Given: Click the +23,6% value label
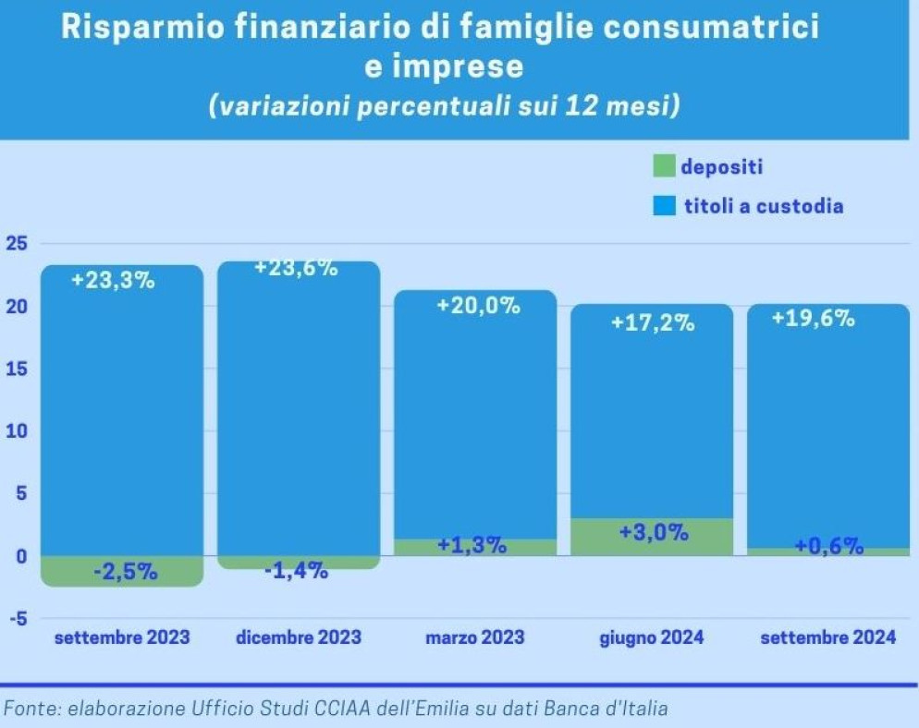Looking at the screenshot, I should (x=296, y=269).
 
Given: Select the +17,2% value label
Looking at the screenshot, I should (x=652, y=324).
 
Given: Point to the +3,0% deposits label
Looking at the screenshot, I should (x=652, y=533).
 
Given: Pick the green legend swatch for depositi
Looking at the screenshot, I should (x=663, y=167).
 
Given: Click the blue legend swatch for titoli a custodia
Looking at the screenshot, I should (x=663, y=206).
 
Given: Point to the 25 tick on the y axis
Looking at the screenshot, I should (x=17, y=244).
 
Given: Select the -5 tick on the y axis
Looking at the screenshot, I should (x=17, y=619).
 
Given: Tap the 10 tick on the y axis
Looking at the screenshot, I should (x=17, y=431).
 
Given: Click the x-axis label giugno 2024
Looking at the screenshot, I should (x=652, y=637).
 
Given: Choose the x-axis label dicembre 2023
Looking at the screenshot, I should (x=298, y=637).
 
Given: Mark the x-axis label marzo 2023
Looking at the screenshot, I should (x=475, y=637).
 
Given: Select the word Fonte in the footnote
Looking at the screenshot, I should (x=28, y=710).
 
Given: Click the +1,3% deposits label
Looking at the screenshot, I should (x=475, y=545).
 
